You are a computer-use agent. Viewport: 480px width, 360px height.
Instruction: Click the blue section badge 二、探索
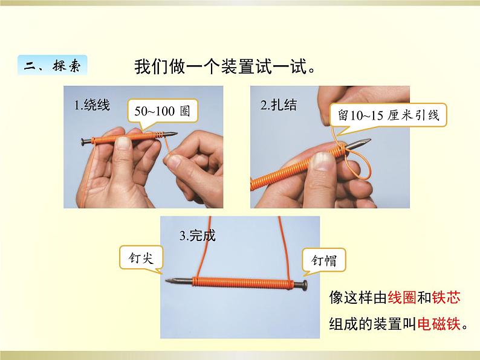(x=53, y=65)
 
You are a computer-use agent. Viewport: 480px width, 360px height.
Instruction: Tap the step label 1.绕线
(x=92, y=104)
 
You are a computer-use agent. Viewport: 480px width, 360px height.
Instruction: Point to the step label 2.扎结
(x=279, y=104)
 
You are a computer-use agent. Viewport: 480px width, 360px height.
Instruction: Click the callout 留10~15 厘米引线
(x=388, y=115)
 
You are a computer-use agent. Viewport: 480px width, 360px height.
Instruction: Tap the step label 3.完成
(x=198, y=236)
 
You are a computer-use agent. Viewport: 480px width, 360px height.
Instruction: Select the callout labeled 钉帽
(x=324, y=260)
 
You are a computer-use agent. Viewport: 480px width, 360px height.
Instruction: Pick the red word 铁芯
(x=446, y=297)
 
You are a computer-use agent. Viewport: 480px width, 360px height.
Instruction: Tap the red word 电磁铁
(x=439, y=324)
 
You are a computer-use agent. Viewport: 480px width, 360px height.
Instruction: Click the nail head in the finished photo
(x=305, y=285)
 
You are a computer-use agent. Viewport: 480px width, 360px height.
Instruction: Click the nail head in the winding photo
(x=83, y=141)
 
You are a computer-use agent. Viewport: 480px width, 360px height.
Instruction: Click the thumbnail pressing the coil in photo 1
(x=123, y=143)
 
